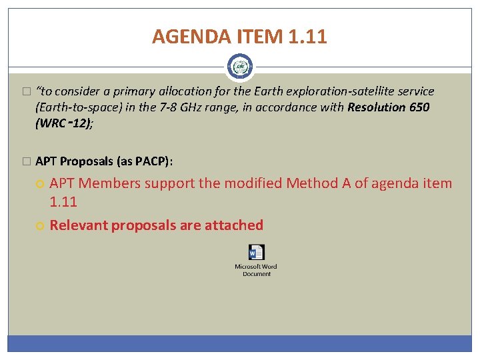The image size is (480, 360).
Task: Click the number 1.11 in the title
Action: point(307,37)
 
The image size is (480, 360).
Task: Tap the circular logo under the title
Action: point(240,67)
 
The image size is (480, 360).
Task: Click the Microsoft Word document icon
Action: point(256,253)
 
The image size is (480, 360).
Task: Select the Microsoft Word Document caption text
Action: point(256,270)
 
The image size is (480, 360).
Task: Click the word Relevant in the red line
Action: point(79,225)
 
